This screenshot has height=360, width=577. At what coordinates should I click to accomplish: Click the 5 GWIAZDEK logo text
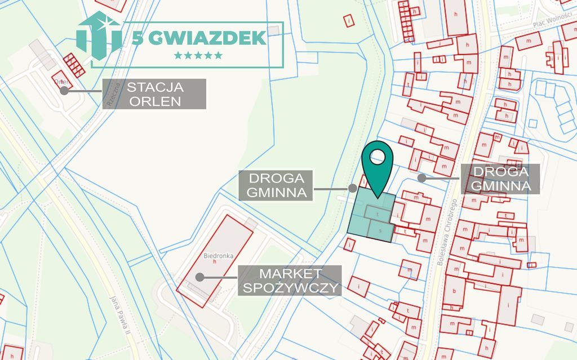[x=199, y=38]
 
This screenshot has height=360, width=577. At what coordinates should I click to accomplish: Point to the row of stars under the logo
[x=198, y=55]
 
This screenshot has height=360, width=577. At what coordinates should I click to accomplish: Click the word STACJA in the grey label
[x=154, y=88]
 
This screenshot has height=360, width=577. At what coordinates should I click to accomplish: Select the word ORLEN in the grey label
[x=154, y=101]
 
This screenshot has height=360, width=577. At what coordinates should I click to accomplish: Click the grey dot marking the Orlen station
[x=64, y=90]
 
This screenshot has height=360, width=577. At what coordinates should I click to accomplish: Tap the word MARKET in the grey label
[x=290, y=274]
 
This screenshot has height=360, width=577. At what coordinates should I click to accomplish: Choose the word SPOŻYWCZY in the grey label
[x=290, y=288]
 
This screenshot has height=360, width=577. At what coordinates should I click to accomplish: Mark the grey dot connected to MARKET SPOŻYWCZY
[x=199, y=277]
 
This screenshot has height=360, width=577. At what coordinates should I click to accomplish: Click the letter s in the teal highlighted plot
[x=380, y=230]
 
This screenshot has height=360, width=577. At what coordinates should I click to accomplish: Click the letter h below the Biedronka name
[x=215, y=261]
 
